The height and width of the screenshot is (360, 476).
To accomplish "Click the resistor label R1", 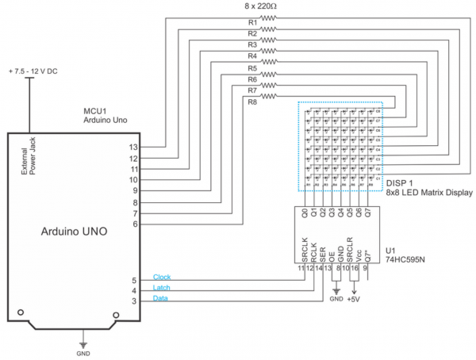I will pos(252,22).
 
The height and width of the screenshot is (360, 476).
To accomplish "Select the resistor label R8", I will pos(252,102).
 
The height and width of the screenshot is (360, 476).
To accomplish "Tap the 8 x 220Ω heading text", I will pos(266,6).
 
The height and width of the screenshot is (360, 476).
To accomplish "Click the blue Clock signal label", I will pos(162,277).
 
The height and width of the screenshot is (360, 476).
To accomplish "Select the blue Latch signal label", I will pos(161,288).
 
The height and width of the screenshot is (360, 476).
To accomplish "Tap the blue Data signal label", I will pos(160,299).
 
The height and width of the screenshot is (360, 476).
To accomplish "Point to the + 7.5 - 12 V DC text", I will pos(33,71).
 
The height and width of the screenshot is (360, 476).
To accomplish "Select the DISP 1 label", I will pos(401,183).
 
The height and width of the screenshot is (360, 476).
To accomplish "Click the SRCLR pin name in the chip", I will pos(350,248).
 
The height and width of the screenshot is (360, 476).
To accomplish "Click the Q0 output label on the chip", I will pos(305,213).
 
